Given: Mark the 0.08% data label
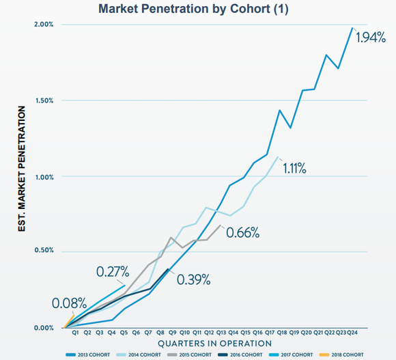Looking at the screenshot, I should point(69,303).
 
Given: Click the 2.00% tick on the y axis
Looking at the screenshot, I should point(43,25).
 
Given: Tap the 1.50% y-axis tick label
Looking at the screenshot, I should point(43,100).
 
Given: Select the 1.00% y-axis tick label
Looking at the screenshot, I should point(43,176).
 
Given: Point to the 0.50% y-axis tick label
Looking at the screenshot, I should point(43,251).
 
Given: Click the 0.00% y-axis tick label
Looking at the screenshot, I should point(43,327).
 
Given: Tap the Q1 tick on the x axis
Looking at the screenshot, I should point(76,333).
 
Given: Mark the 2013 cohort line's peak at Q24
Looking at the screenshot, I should point(352,28).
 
